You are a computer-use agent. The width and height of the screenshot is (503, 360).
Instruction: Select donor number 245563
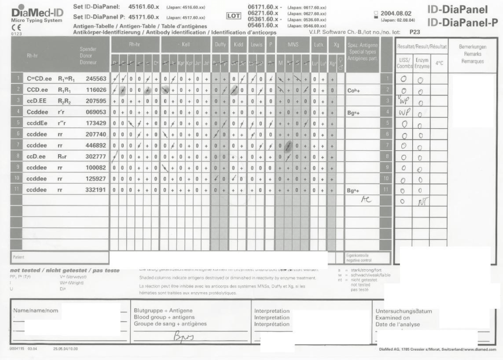click(96, 79)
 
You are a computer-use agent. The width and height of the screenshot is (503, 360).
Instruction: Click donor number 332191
click(96, 190)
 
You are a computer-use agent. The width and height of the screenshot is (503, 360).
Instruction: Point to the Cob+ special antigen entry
click(354, 90)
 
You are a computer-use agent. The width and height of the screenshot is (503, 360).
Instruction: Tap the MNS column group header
click(293, 45)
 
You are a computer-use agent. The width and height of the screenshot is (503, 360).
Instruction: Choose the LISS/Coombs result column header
click(404, 62)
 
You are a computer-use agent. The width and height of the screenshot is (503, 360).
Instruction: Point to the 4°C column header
click(439, 63)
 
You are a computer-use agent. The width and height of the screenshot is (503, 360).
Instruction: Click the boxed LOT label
click(233, 16)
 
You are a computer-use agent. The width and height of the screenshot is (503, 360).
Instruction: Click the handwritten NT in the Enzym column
click(421, 201)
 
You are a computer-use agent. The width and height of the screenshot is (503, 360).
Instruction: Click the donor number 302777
click(96, 156)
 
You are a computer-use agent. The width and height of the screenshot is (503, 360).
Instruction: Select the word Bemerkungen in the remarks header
click(472, 47)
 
